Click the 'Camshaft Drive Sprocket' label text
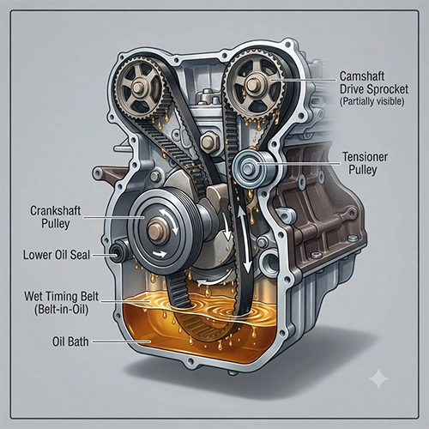click(x=374, y=82)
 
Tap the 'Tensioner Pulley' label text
click(x=365, y=163)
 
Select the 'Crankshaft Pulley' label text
click(x=56, y=217)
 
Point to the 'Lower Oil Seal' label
click(x=57, y=255)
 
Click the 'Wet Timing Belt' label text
click(x=61, y=296)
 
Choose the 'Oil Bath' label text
click(x=70, y=341)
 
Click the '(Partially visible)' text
click(x=372, y=101)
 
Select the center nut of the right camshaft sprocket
click(x=253, y=84)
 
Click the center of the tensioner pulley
click(x=248, y=168)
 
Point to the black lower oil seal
click(x=118, y=252)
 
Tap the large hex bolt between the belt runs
click(x=209, y=142)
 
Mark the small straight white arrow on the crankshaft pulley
click(x=160, y=253)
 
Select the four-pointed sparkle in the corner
click(x=378, y=378)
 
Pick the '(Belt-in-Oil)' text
click(x=61, y=310)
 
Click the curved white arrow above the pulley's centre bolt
click(x=169, y=221)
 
